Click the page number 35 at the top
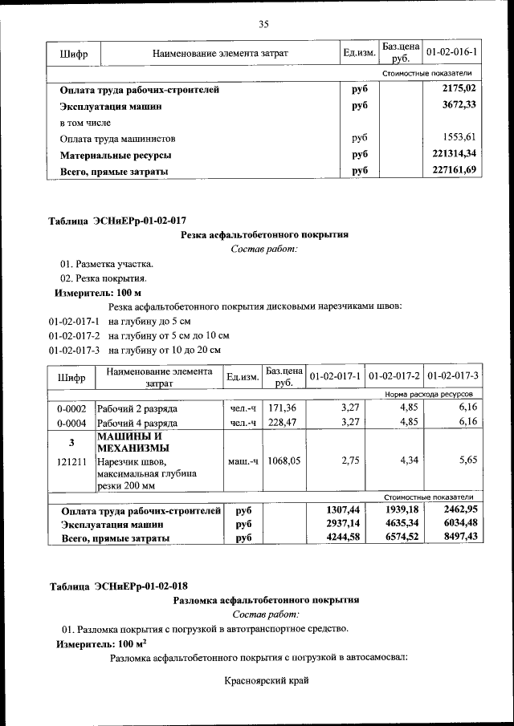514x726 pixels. point(263,24)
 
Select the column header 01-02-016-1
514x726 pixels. point(451,53)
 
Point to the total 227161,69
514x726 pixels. point(454,169)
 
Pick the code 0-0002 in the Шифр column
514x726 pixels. point(71,408)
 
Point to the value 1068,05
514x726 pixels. point(283,461)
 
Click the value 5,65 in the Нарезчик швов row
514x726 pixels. point(467,461)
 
